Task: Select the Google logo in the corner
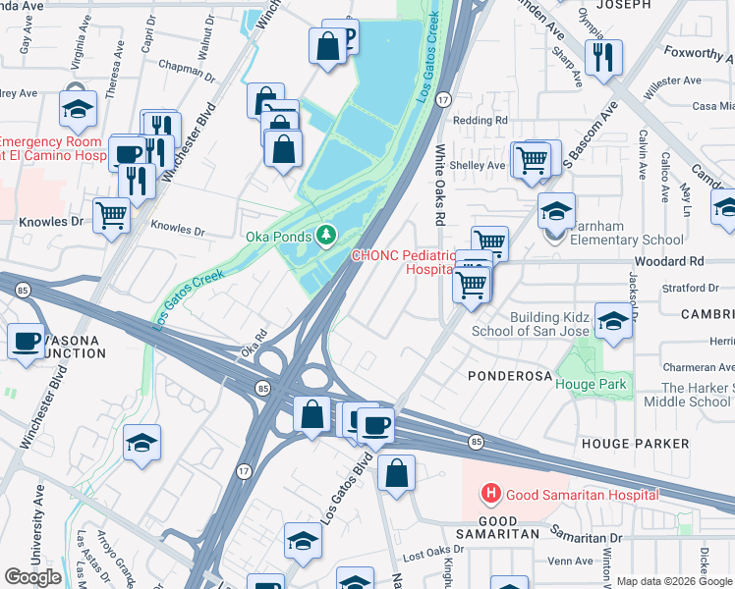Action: [x=33, y=577]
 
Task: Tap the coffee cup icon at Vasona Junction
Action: [x=25, y=341]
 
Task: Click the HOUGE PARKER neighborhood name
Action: [x=635, y=444]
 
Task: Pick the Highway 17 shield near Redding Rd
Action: [x=444, y=99]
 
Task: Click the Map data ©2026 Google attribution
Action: [x=673, y=581]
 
